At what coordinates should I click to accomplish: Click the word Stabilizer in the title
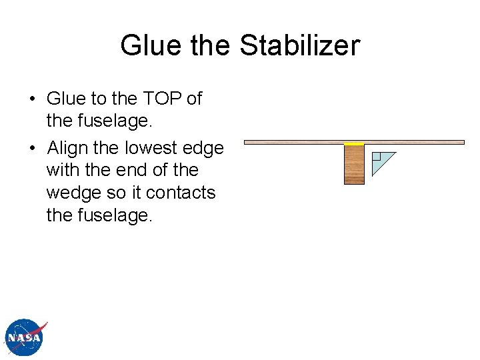pyautogui.click(x=299, y=46)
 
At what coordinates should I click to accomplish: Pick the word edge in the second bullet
pyautogui.click(x=203, y=148)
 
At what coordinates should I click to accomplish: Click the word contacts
pyautogui.click(x=181, y=193)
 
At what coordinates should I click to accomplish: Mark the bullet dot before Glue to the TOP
pyautogui.click(x=32, y=99)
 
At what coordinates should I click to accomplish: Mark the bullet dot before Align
pyautogui.click(x=32, y=149)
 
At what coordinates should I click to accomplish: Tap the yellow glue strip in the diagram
pyautogui.click(x=354, y=144)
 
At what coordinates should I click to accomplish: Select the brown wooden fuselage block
pyautogui.click(x=354, y=164)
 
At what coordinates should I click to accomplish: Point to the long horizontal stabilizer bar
pyautogui.click(x=413, y=141)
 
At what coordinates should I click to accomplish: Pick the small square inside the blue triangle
pyautogui.click(x=376, y=157)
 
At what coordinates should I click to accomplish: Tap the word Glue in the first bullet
pyautogui.click(x=66, y=99)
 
